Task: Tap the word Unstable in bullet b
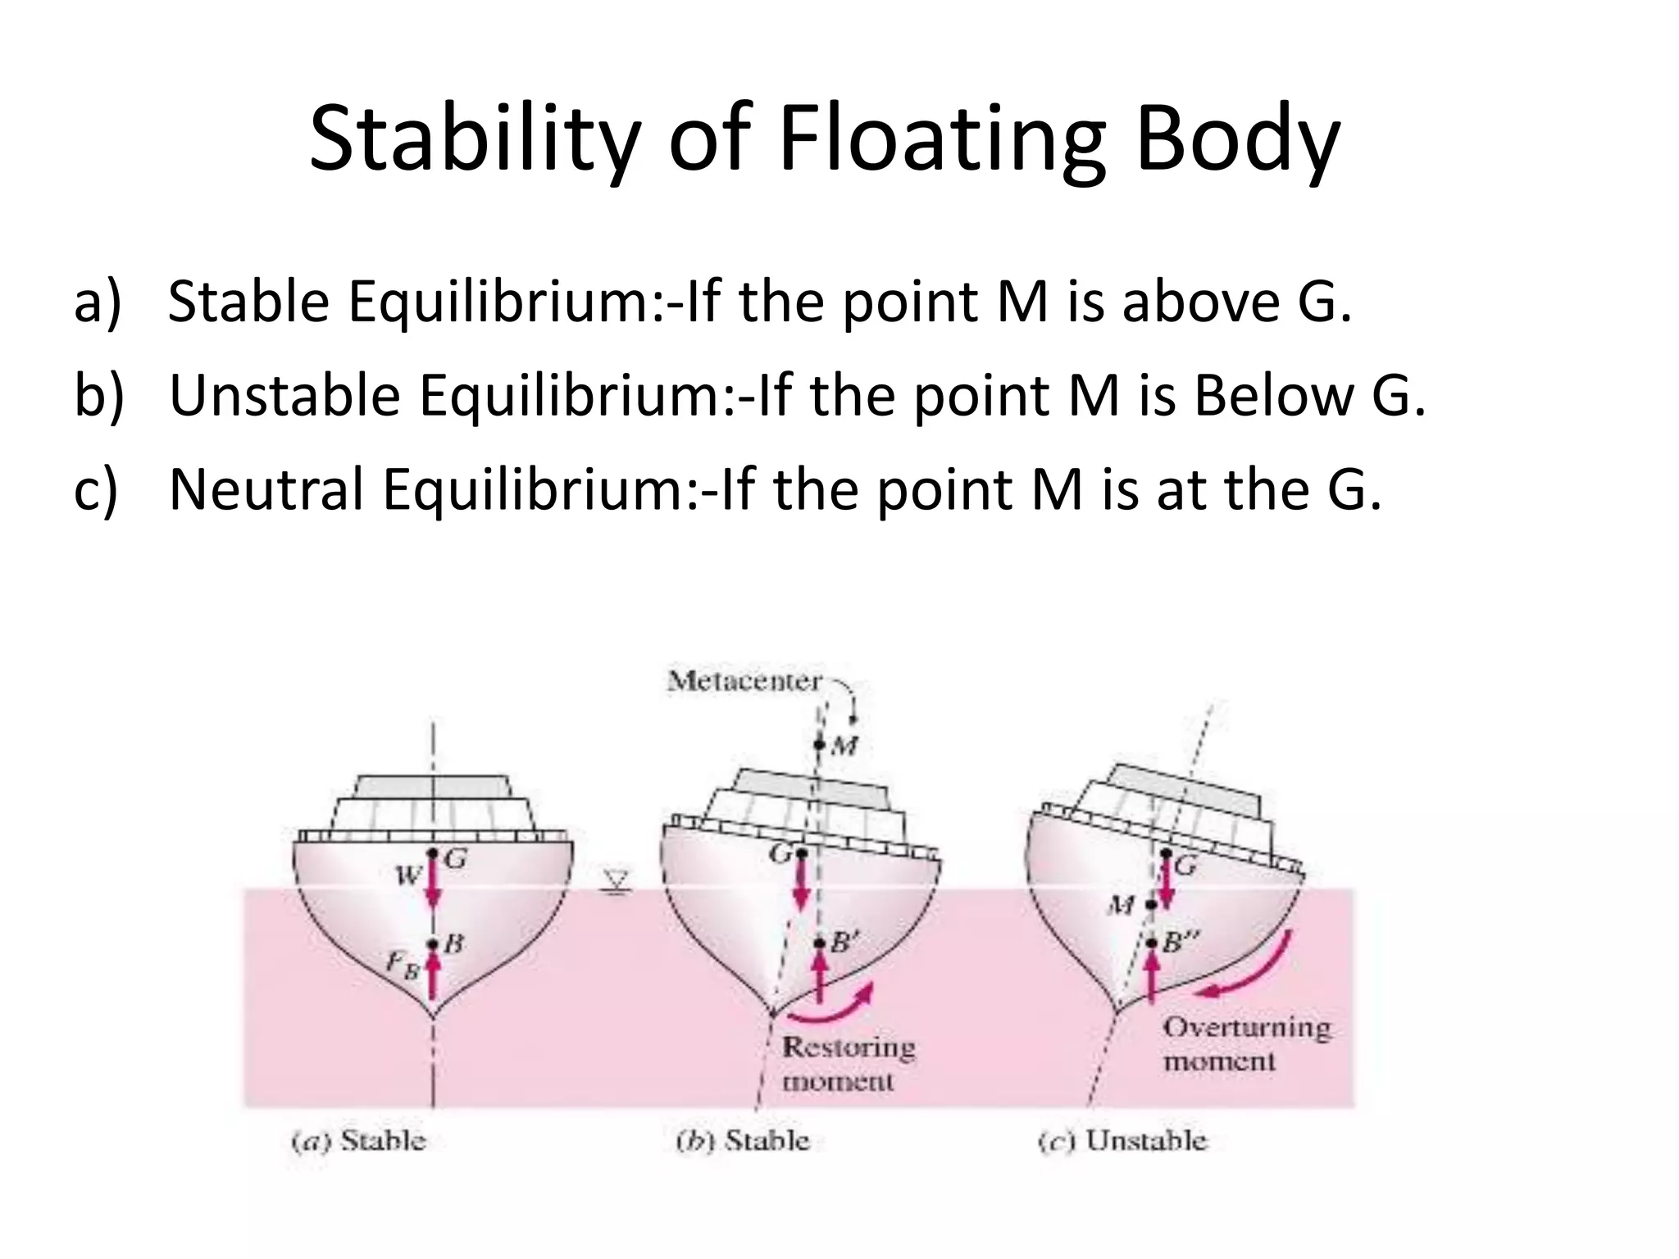coord(284,395)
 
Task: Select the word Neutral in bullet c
coord(266,489)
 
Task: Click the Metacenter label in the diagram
coord(744,681)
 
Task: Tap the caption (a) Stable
coord(359,1141)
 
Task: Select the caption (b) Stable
coord(743,1141)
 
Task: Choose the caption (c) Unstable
coord(1122,1141)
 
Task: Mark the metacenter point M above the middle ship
coord(819,745)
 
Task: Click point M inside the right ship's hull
coord(1151,905)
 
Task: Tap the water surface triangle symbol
coord(617,883)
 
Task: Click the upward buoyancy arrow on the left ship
coord(433,979)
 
